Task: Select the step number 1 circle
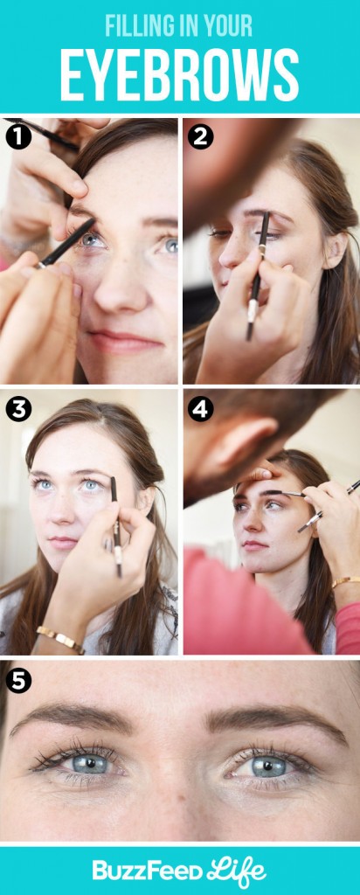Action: [18, 137]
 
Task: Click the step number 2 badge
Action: [200, 137]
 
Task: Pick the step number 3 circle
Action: [18, 409]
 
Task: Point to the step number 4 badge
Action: [200, 409]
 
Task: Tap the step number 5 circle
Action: [18, 680]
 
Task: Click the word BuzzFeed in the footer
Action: [147, 871]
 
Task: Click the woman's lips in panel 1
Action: [122, 341]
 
